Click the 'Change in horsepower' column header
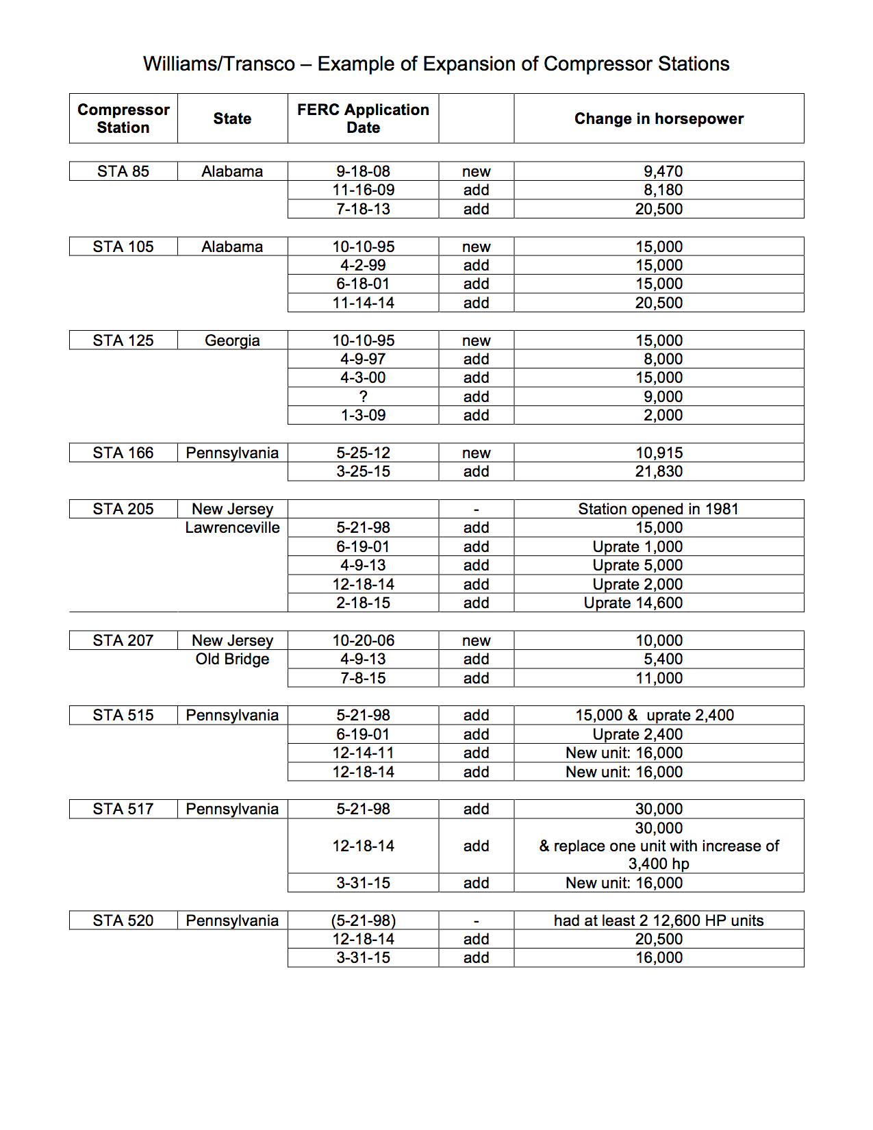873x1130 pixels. (659, 118)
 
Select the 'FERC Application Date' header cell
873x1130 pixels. (363, 118)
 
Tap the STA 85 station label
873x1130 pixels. (123, 171)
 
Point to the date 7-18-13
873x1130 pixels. (363, 209)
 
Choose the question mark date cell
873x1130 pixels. (363, 397)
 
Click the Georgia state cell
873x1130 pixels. (232, 340)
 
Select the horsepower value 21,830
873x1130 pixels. (659, 471)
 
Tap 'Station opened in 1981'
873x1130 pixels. (658, 509)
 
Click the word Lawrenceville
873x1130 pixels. (232, 527)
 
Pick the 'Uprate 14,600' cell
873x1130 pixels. (633, 603)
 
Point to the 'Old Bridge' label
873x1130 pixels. (232, 659)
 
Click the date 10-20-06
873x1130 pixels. (363, 640)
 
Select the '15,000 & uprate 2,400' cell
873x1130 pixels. (655, 715)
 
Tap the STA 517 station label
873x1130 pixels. (123, 809)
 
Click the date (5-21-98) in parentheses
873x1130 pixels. (363, 920)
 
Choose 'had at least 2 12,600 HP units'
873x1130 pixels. (659, 920)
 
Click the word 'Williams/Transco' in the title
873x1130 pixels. (219, 64)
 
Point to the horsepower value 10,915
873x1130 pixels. (659, 453)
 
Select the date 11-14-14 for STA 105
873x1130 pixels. (363, 303)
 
